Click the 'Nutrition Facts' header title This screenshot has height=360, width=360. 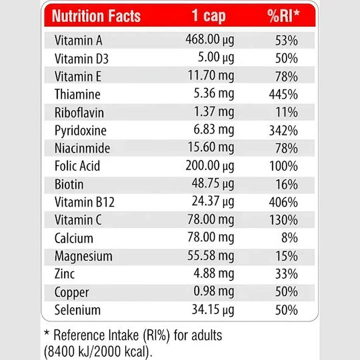pos(96,16)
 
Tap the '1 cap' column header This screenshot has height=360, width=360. pos(209,16)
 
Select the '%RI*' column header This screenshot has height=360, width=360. pos(283,15)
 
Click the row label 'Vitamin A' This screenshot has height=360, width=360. pos(78,41)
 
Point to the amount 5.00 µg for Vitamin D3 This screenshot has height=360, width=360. pos(216,58)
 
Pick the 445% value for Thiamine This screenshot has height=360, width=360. pos(283,95)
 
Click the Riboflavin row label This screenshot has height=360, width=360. pos(79,113)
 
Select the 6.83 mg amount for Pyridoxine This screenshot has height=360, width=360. pos(214,130)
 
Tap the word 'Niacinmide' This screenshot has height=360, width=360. pos(82,148)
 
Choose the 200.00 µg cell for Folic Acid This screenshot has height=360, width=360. pos(210,166)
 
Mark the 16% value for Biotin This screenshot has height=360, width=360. pos(287,185)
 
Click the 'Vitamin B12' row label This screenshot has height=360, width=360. pos(85,202)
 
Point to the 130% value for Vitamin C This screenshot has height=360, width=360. pos(283,220)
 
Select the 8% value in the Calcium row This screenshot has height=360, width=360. pos(289,237)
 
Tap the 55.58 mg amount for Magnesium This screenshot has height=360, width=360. pos(211,256)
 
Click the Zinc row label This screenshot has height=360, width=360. pos(65,274)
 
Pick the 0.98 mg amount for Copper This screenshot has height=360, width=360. pos(214,292)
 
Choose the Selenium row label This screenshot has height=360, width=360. pos(77,310)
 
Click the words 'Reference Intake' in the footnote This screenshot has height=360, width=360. pos(96,335)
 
